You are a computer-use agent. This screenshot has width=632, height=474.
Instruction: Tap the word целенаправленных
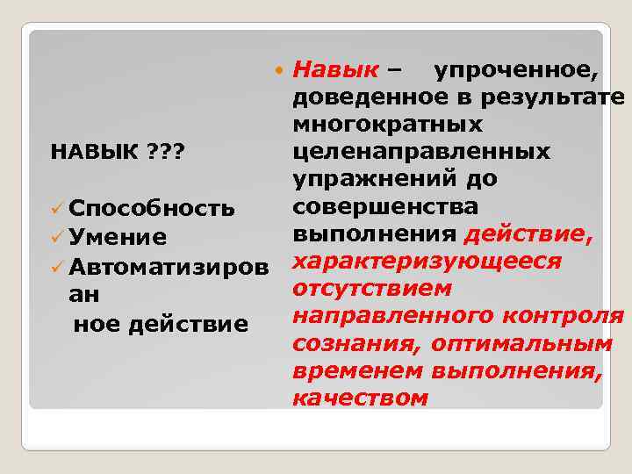(x=422, y=152)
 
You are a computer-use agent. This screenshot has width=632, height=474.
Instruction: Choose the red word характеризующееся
(x=426, y=262)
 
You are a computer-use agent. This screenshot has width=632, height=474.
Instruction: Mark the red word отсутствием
(x=373, y=289)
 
